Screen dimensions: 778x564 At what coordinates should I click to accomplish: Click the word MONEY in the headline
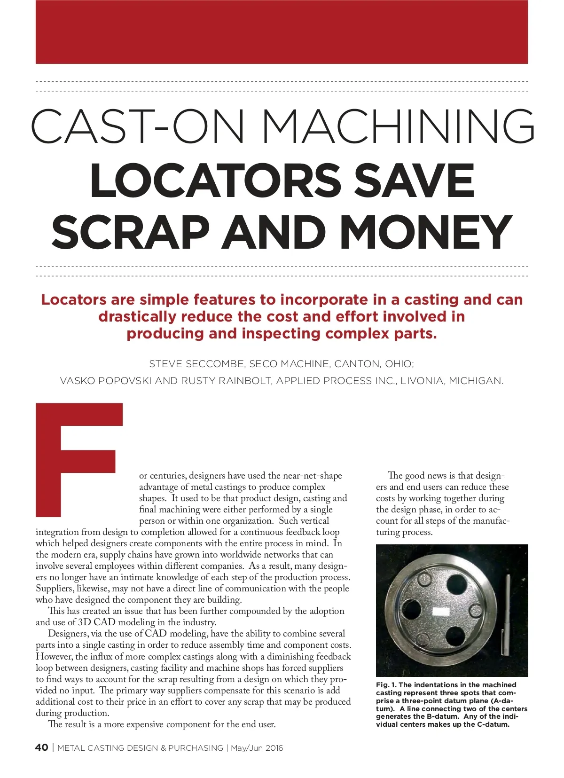[425, 232]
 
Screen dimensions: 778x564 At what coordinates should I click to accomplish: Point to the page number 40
[41, 747]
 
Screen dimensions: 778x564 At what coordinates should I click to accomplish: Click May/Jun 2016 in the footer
[257, 748]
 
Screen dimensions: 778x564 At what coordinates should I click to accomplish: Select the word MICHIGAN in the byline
[476, 381]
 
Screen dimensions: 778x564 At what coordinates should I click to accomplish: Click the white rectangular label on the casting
[441, 612]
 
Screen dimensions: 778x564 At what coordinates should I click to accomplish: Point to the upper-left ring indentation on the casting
[424, 579]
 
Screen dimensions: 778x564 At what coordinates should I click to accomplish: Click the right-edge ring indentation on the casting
[476, 611]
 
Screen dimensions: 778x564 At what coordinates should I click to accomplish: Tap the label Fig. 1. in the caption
[386, 685]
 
